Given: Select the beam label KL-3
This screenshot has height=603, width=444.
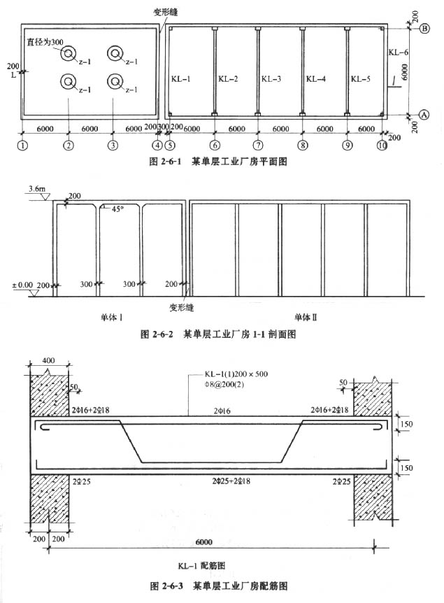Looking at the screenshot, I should (271, 79).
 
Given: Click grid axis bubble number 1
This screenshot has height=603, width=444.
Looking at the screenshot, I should (23, 146).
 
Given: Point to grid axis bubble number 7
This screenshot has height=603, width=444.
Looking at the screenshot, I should (258, 146).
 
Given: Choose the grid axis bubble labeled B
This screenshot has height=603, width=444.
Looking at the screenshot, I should (424, 29).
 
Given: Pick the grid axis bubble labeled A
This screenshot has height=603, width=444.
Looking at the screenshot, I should (424, 114).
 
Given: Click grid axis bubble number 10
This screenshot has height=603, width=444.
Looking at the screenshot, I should (382, 146).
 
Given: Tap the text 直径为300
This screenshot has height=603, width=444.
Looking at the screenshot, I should (44, 42).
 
